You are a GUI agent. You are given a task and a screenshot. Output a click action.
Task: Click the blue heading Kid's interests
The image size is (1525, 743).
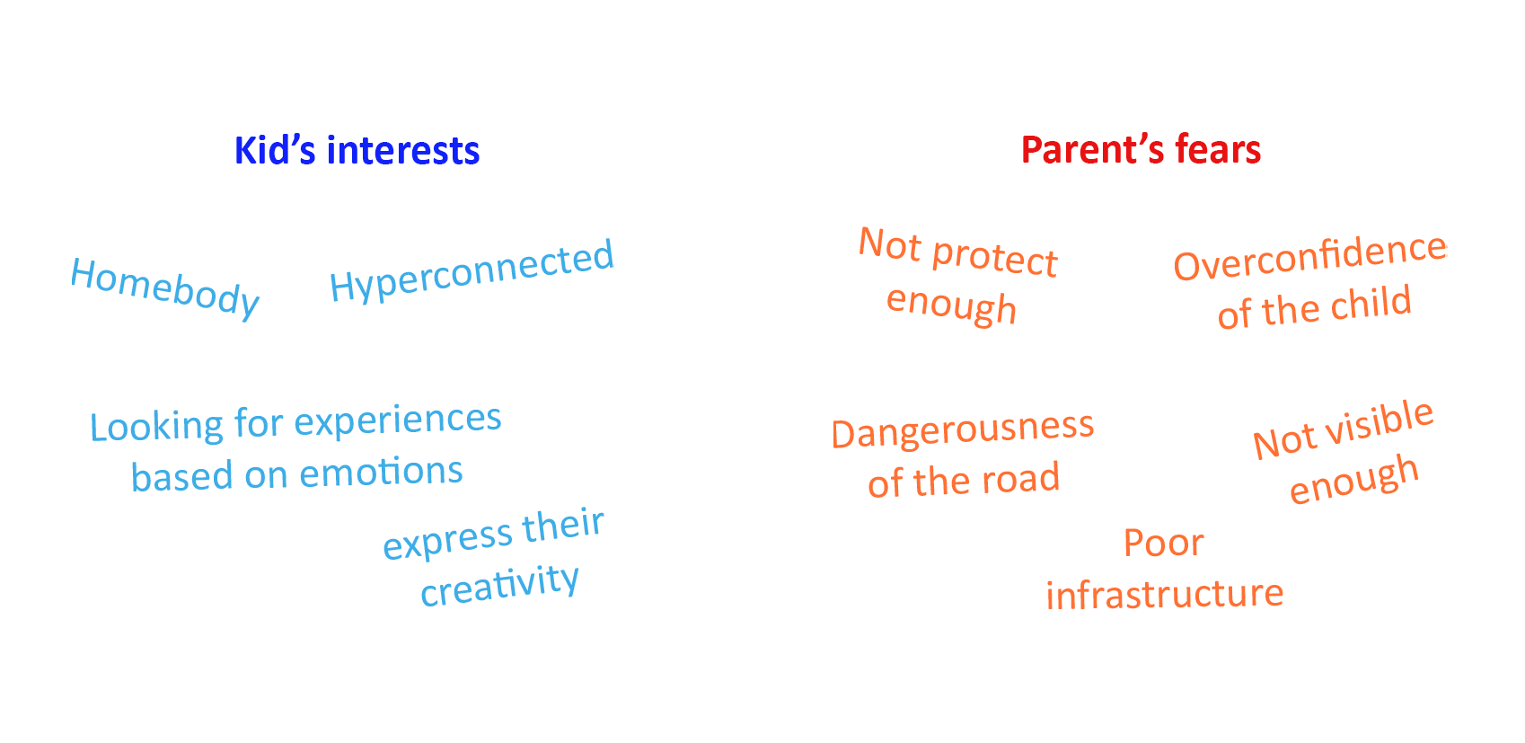[357, 151]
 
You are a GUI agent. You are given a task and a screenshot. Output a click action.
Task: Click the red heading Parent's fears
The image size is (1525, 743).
[1141, 150]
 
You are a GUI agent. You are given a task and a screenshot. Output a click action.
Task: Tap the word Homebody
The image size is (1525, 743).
[164, 287]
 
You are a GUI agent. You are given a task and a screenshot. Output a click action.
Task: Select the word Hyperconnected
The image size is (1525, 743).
[472, 270]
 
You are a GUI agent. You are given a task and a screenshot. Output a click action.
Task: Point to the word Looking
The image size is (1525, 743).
[156, 427]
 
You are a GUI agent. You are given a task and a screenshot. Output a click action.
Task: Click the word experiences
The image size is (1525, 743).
[398, 420]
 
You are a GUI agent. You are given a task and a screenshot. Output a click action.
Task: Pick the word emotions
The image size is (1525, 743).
[381, 472]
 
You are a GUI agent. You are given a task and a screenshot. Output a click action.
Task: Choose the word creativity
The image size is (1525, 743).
[499, 585]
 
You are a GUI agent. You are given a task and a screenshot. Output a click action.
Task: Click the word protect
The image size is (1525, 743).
[994, 260]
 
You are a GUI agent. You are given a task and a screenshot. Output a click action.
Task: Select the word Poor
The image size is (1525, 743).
[1163, 543]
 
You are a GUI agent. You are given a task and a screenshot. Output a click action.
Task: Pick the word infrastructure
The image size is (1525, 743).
[1165, 594]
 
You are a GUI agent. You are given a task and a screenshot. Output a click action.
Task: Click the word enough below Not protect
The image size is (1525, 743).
[951, 305]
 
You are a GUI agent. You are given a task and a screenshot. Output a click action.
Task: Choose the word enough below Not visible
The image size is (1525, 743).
[1354, 480]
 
